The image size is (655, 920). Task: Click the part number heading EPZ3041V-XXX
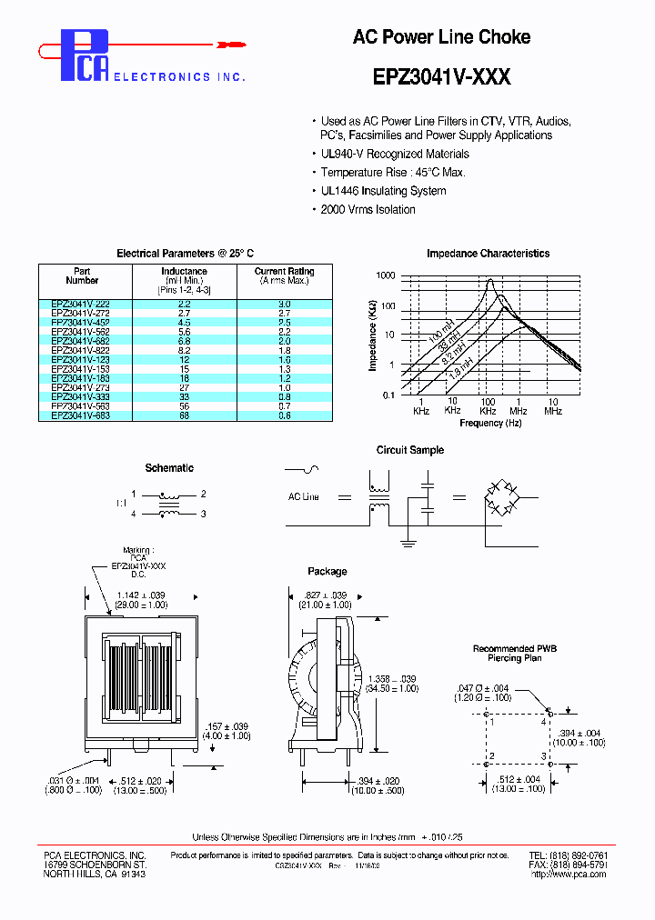441,77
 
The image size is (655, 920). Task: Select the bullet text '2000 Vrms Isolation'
368,209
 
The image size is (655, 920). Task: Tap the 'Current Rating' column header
284,271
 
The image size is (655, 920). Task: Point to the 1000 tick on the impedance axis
385,275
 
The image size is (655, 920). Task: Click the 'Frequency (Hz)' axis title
490,423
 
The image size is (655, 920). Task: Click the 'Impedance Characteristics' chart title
488,254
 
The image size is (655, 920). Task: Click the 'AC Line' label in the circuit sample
304,497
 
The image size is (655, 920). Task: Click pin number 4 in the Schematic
134,514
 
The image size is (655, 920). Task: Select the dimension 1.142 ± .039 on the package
142,595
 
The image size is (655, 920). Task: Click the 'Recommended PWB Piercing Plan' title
514,653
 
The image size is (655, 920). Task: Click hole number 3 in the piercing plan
545,755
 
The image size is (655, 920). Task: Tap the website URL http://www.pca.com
569,875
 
